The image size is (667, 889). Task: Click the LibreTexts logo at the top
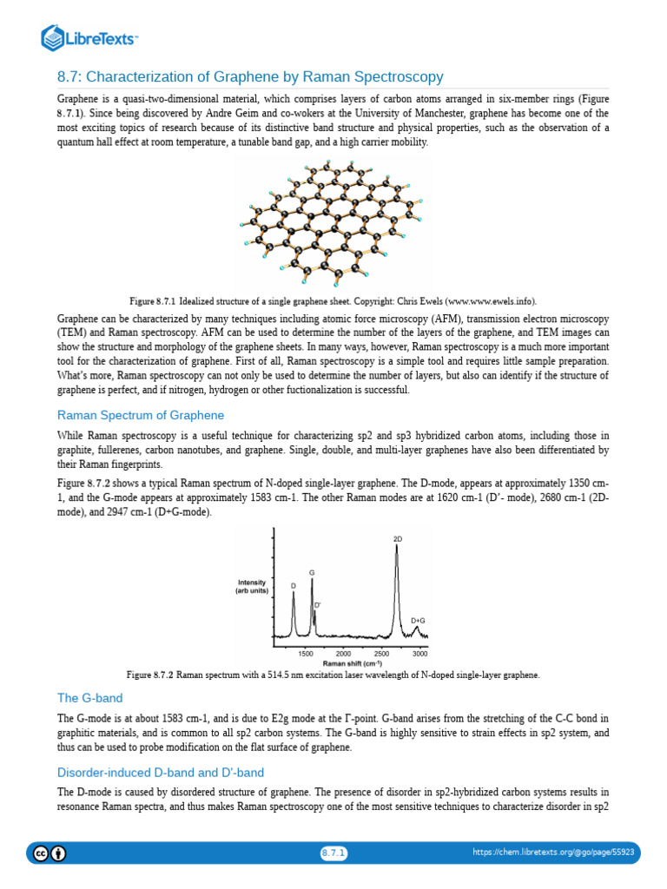tap(90, 37)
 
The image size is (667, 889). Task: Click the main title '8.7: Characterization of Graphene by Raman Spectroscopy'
tap(250, 77)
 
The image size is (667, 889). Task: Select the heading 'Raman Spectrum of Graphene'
tap(141, 415)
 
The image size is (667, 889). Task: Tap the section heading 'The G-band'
tap(90, 697)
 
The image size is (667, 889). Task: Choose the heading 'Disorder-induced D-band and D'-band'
tap(161, 772)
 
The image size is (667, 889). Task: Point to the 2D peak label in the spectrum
tap(398, 539)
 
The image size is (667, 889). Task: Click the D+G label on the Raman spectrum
tap(418, 621)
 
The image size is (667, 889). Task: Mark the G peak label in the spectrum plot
tap(312, 573)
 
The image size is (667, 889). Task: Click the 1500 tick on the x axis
tap(306, 653)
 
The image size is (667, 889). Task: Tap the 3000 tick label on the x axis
tap(419, 653)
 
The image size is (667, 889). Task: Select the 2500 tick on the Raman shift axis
tap(382, 653)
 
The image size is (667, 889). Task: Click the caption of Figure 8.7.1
tap(333, 300)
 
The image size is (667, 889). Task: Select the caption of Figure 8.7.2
tap(333, 675)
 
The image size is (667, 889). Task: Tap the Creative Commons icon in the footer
tap(41, 853)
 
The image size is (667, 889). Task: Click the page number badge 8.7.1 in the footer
tap(333, 853)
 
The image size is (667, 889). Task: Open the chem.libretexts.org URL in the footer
tap(553, 853)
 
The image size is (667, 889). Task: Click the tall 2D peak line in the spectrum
tap(397, 590)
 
